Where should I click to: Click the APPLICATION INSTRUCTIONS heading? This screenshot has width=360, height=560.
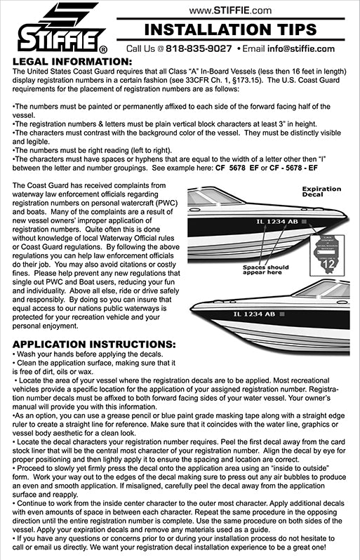click(x=95, y=344)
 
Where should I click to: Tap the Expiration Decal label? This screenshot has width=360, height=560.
click(x=321, y=193)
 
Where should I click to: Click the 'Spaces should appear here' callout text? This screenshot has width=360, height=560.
click(x=266, y=271)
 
